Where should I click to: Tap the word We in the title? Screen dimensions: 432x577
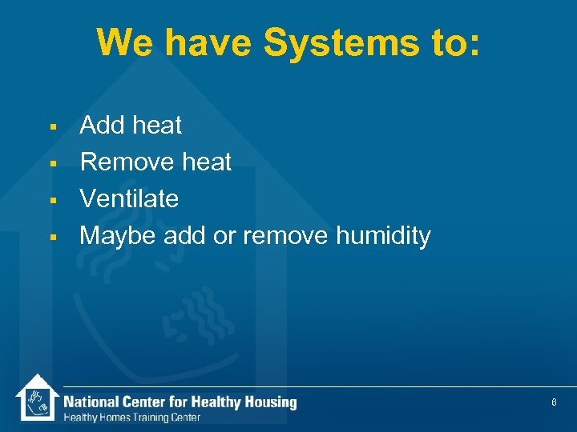pos(121,42)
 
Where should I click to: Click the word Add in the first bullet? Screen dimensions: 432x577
pos(103,125)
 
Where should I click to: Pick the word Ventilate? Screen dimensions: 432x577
pos(129,198)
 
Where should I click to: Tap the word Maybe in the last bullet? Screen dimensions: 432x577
pos(119,236)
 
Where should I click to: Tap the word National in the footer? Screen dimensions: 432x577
pos(91,402)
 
